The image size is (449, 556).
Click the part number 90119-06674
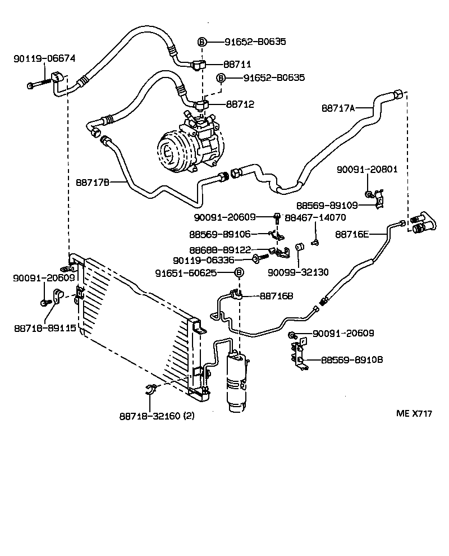point(44,58)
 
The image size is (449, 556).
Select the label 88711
point(239,65)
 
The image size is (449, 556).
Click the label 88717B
point(92,182)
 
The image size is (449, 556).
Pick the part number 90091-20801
point(367,169)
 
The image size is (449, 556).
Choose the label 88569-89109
point(328,206)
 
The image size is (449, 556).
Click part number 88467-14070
point(315,217)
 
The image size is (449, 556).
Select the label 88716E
point(352,234)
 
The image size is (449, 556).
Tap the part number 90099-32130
point(297,272)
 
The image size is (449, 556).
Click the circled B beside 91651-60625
point(239,272)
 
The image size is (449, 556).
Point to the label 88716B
point(276,295)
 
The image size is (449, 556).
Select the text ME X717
point(414,414)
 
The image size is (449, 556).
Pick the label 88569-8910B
point(352,359)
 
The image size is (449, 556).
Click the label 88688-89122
point(219,250)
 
